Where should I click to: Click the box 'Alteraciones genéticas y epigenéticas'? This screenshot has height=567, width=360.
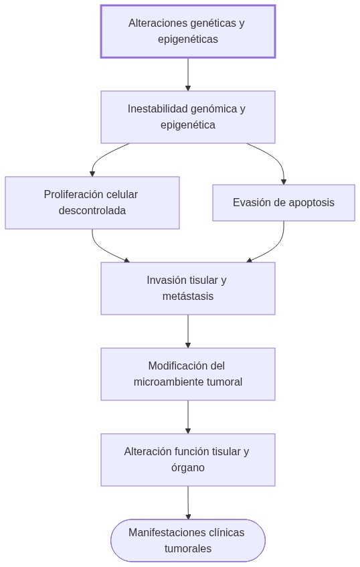coord(187,31)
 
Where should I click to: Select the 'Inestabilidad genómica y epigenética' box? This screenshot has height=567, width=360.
coord(187,117)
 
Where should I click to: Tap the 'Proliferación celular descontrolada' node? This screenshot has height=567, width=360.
coord(92,203)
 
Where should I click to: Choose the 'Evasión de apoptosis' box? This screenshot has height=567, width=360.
coord(283,203)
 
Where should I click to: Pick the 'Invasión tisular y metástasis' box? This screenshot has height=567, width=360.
coord(187,289)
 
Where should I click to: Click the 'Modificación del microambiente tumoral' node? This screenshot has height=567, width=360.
coord(187,374)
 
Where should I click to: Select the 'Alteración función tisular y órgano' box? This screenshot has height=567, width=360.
coord(187,460)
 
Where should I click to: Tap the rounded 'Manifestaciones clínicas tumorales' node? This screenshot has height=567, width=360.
coord(187,541)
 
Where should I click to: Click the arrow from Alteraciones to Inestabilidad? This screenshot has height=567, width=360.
coord(188,74)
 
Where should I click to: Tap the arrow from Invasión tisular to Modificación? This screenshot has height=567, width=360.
coord(188,331)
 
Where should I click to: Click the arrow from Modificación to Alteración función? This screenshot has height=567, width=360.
coord(188,417)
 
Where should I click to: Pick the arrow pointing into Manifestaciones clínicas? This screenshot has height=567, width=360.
coord(188,502)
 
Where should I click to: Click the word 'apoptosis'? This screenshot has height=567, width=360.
coord(311,203)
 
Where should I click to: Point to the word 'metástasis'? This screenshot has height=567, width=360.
coord(187,297)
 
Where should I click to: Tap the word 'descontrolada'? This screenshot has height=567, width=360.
coord(92,211)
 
